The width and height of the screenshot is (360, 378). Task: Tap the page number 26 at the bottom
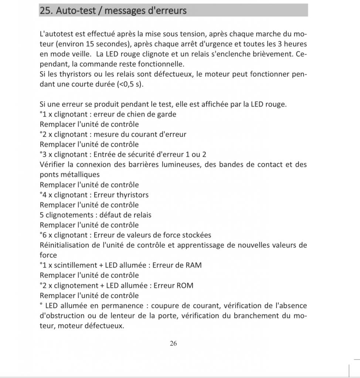[x=173, y=343]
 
